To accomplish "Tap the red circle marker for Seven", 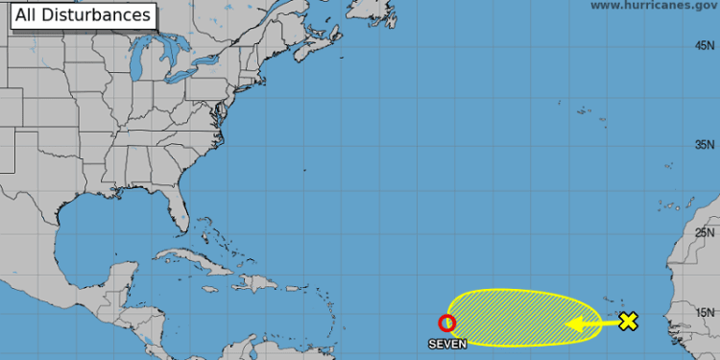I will point(446,324).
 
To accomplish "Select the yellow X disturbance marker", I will point(628,322).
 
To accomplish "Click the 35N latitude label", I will point(706,145).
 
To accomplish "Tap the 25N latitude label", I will point(706,232).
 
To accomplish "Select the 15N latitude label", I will point(706,312).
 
